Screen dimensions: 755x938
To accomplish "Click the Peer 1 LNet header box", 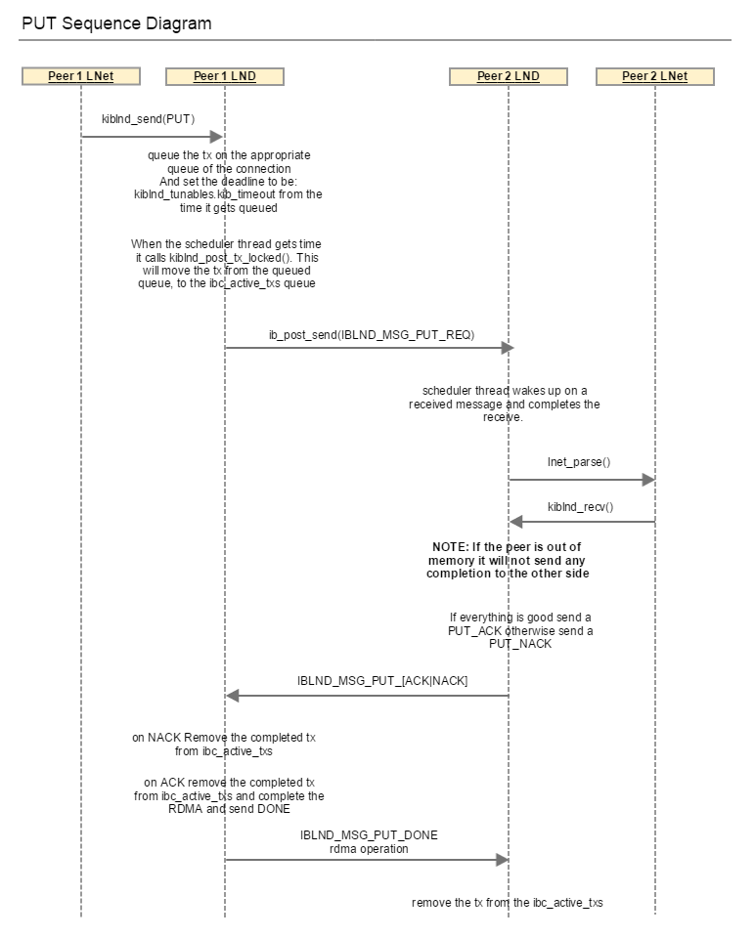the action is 81,76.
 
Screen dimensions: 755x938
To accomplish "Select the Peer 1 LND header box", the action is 225,76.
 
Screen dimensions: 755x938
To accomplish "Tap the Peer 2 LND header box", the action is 509,76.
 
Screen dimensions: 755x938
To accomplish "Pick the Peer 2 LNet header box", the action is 655,76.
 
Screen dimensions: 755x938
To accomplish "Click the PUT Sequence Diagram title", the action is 116,23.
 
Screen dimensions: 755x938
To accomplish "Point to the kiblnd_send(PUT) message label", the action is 149,119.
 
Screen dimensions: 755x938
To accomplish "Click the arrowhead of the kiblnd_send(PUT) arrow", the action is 217,137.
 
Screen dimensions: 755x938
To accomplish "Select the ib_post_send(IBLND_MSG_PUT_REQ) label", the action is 372,335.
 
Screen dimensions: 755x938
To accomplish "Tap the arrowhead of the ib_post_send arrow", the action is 508,348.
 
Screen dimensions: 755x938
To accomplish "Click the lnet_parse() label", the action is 579,462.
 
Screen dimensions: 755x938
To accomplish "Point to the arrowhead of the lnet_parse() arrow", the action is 647,479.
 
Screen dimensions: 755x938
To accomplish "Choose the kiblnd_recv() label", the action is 580,507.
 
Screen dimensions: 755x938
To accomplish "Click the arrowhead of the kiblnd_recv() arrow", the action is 516,522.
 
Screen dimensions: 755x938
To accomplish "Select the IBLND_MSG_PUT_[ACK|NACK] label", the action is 382,681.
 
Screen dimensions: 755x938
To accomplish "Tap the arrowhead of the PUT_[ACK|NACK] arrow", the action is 233,695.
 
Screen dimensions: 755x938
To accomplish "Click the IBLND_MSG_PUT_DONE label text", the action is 369,835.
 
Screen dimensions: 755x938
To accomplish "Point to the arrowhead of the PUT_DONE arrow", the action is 503,860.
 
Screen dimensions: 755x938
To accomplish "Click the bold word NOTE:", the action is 450,547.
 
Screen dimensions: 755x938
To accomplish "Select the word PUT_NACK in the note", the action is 520,644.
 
